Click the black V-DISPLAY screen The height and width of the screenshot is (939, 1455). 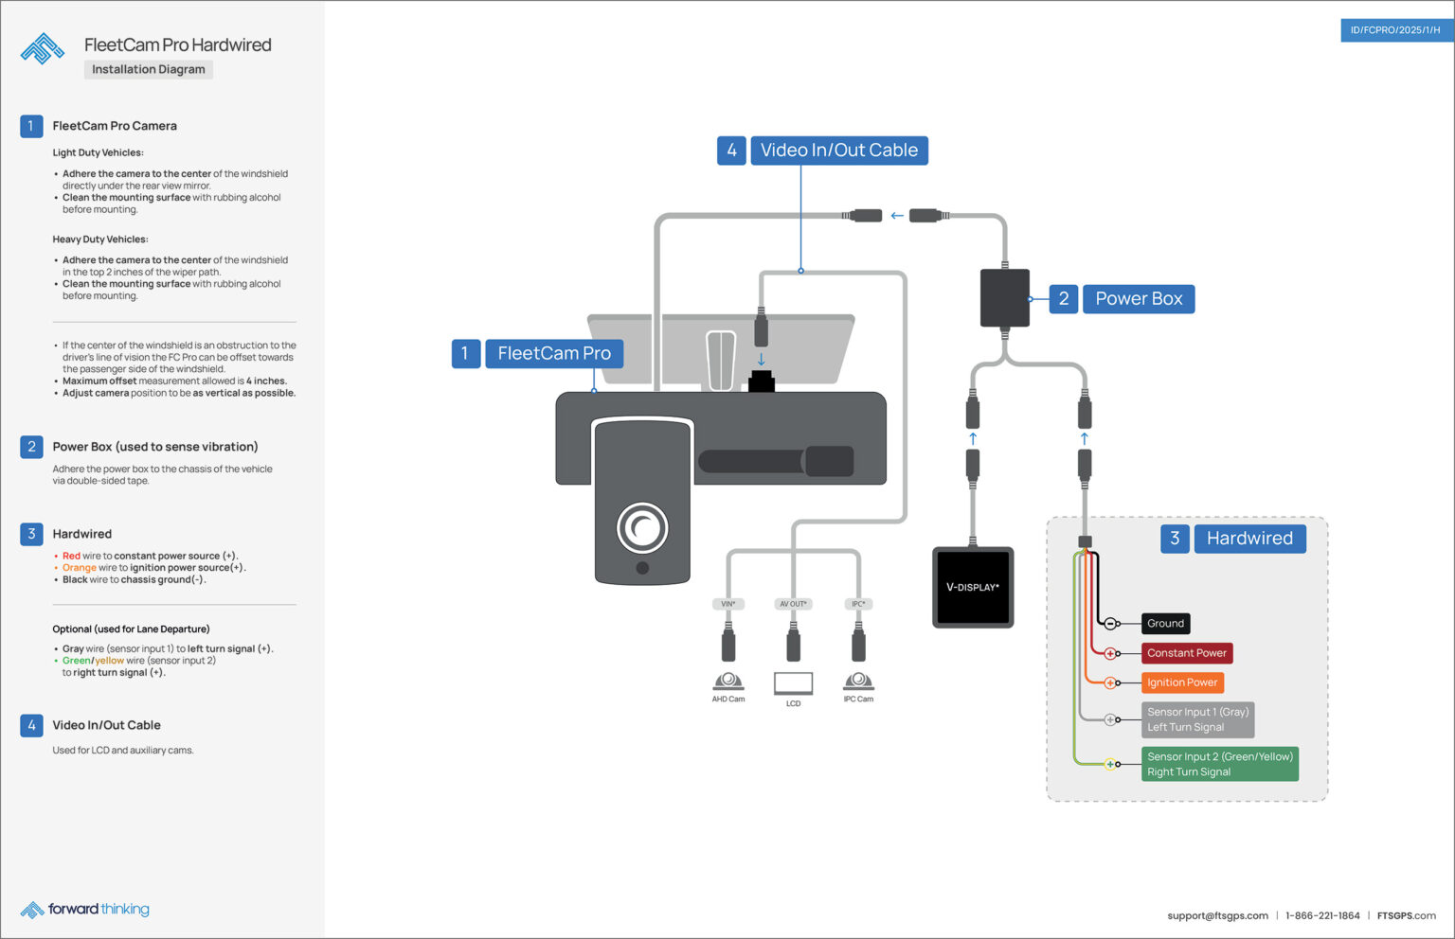pyautogui.click(x=973, y=587)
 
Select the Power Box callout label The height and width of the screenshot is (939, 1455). pyautogui.click(x=1138, y=299)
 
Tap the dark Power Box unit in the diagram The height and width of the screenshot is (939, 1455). pyautogui.click(x=1004, y=298)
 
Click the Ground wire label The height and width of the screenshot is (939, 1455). pyautogui.click(x=1165, y=624)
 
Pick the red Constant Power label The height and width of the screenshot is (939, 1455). pyautogui.click(x=1186, y=653)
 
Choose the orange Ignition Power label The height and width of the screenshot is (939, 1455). pyautogui.click(x=1181, y=682)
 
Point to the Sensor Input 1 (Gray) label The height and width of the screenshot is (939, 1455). pyautogui.click(x=1197, y=719)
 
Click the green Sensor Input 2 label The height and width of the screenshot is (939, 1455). pyautogui.click(x=1219, y=764)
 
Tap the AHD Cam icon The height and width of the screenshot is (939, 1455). pyautogui.click(x=728, y=682)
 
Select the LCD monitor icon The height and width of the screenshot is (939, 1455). pyautogui.click(x=793, y=683)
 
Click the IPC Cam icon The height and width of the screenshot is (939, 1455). pyautogui.click(x=858, y=682)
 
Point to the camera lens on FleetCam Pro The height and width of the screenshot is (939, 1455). pyautogui.click(x=642, y=527)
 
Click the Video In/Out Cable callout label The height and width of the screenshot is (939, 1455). pyautogui.click(x=838, y=151)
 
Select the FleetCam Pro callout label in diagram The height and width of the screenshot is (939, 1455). pyautogui.click(x=554, y=354)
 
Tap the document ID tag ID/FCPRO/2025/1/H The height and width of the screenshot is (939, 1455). pyautogui.click(x=1395, y=30)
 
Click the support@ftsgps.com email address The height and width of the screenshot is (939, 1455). pyautogui.click(x=1217, y=915)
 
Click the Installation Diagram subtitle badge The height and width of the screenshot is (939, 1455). pyautogui.click(x=149, y=69)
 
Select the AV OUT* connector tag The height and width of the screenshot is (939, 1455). pyautogui.click(x=793, y=604)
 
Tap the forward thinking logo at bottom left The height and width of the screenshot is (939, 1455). pyautogui.click(x=85, y=910)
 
